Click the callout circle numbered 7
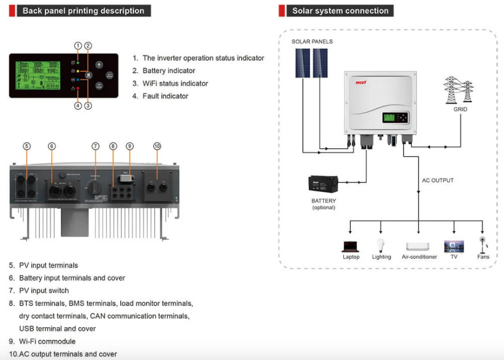96,146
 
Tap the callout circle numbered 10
157,146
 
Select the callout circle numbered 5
27,146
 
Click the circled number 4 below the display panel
78,106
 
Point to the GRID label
460,109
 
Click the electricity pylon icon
458,90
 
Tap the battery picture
323,186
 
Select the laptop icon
350,246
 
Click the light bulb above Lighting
381,245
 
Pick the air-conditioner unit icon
418,246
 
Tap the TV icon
454,246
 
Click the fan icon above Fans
482,243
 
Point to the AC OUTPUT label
437,180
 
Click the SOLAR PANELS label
312,42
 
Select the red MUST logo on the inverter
361,82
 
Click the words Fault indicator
165,96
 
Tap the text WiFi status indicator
175,84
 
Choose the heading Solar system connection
340,11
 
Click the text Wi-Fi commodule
47,341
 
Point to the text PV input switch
44,291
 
